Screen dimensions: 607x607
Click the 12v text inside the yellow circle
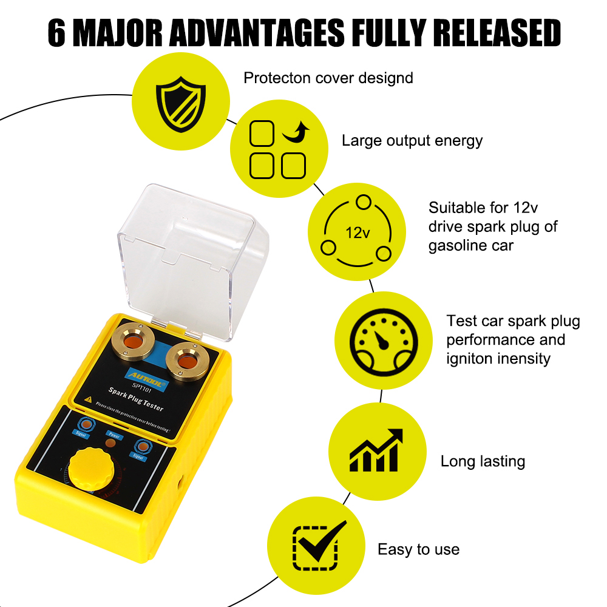(x=358, y=232)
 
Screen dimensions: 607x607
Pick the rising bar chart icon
(x=376, y=450)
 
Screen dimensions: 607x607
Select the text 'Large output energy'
(x=412, y=141)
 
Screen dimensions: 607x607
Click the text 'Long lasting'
(x=483, y=461)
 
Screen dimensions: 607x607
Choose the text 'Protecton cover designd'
(x=328, y=78)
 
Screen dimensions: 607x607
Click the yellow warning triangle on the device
(x=89, y=399)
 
